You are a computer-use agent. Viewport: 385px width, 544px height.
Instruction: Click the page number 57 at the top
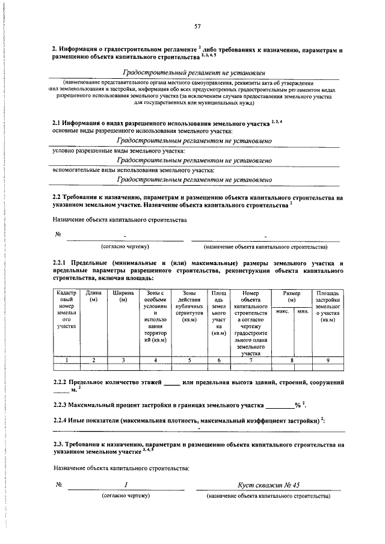tap(197, 26)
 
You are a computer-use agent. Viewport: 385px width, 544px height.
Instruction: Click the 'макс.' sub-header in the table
tap(283, 311)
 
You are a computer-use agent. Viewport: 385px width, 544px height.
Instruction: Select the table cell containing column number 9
tap(328, 360)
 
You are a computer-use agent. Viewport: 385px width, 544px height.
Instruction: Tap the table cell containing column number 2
tap(93, 360)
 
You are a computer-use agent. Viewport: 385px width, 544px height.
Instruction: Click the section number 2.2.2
tap(62, 383)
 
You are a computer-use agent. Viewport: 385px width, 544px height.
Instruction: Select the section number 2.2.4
tap(62, 420)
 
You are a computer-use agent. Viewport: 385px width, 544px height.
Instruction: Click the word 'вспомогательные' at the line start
tap(75, 171)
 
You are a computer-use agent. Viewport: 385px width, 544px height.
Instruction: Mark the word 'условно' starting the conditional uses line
tap(64, 151)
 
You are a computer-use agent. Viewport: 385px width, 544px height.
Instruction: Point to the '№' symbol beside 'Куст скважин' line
tap(60, 484)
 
